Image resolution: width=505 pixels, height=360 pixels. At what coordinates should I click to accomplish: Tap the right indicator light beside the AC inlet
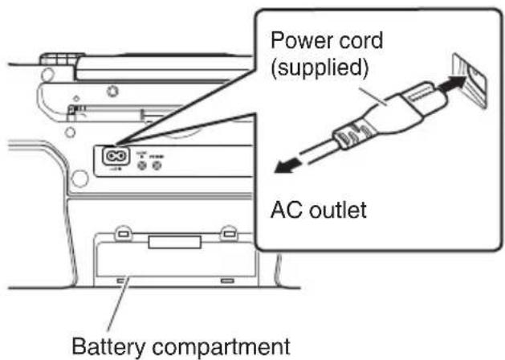point(158,165)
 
